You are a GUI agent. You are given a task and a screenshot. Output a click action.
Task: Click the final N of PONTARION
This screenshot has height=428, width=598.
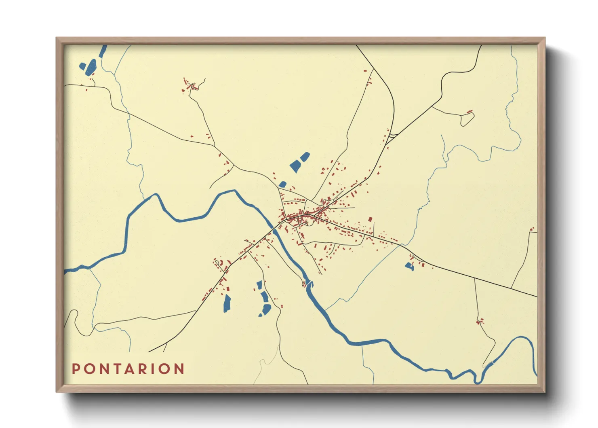pos(180,369)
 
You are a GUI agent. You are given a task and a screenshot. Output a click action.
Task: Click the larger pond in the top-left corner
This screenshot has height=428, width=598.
pos(91,67)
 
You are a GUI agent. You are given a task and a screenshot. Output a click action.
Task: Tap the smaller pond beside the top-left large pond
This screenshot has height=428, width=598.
pos(82,66)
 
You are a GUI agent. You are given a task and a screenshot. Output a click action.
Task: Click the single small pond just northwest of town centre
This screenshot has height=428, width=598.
pos(282,184)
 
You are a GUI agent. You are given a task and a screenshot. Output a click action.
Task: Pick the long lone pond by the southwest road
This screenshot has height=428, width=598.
pos(227,303)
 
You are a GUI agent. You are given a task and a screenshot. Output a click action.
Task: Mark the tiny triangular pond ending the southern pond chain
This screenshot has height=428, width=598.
pos(260,315)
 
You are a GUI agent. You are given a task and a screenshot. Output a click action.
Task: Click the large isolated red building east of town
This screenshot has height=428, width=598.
pos(370,219)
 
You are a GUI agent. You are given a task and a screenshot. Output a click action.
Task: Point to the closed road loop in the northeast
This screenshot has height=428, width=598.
pos(467,119)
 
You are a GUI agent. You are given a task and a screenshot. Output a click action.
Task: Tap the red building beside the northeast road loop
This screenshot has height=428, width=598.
pos(470,111)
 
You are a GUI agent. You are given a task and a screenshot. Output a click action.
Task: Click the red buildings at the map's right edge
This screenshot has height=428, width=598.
pos(532,230)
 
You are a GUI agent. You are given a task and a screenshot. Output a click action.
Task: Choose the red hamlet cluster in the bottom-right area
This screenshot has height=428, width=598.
pos(480,322)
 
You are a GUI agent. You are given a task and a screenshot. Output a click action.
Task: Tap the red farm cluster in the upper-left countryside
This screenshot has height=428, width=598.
pos(190,86)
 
